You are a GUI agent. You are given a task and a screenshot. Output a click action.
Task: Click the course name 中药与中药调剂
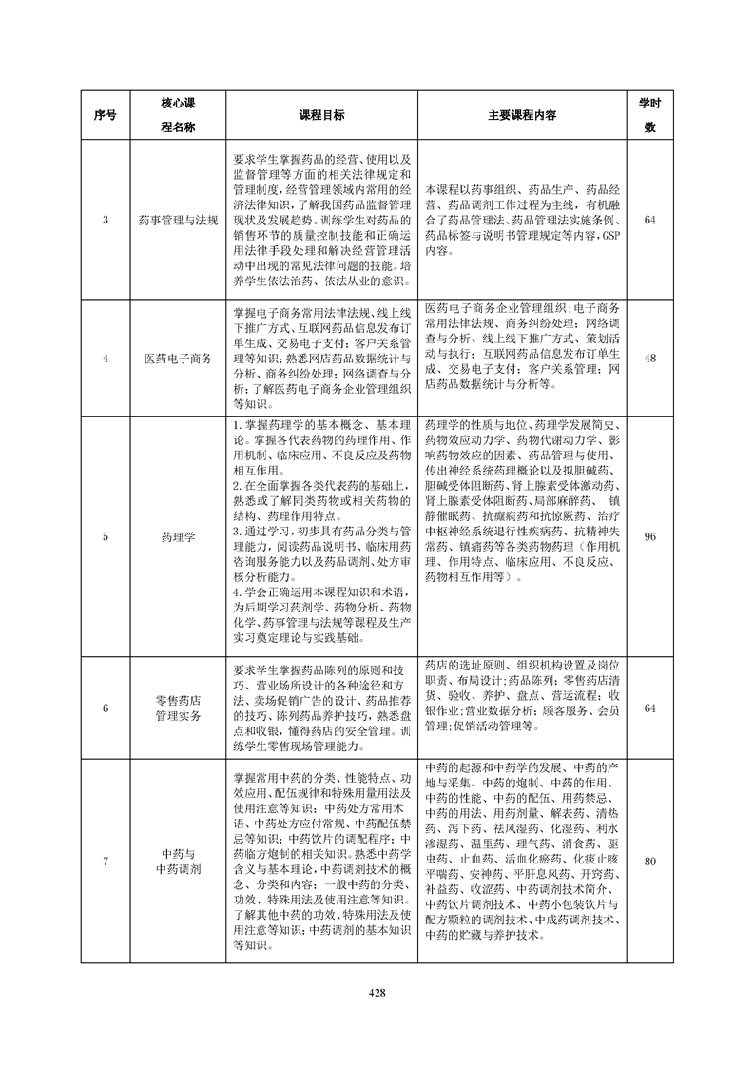tap(178, 862)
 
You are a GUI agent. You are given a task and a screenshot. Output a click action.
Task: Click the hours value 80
tap(650, 862)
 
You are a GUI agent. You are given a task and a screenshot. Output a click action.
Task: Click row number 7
tap(106, 862)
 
